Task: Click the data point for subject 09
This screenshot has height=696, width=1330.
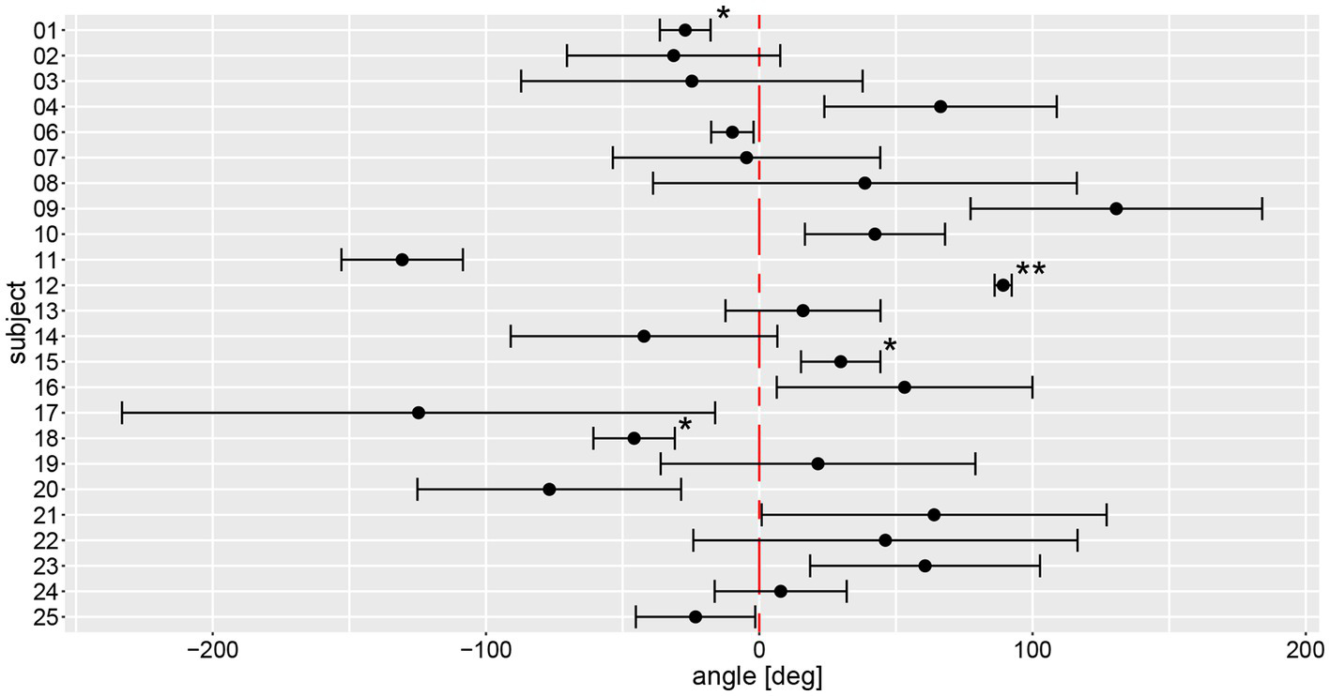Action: tap(1116, 208)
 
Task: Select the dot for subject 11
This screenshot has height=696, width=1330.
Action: tap(402, 260)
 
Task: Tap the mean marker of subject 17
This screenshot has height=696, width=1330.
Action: tap(419, 413)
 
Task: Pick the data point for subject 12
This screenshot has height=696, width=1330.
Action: tap(1002, 285)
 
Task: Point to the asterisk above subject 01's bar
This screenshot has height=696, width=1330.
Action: tap(723, 15)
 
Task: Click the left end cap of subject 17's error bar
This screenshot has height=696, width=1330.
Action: tap(122, 413)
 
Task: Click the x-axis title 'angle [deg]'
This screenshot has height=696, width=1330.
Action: tap(757, 677)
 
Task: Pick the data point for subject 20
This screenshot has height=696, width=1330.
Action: tap(549, 490)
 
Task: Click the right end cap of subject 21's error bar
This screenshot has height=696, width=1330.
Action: tap(1107, 515)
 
